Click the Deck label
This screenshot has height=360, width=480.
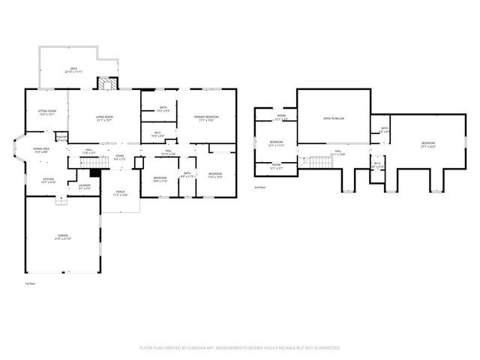tap(73, 70)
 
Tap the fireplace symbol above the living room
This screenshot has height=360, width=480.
tap(109, 83)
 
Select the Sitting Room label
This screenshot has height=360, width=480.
tap(46, 112)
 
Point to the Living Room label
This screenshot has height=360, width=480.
tap(104, 118)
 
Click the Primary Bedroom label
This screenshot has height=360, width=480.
tap(206, 118)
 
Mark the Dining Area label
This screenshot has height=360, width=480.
tap(41, 150)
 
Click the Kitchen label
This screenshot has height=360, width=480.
tap(48, 180)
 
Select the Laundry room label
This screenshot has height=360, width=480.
tap(85, 187)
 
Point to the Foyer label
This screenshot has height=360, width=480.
tap(119, 158)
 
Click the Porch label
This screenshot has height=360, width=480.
tap(120, 193)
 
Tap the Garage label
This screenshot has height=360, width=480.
tap(62, 237)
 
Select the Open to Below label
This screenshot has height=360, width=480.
tap(334, 118)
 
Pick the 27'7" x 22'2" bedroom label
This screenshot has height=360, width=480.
tap(427, 144)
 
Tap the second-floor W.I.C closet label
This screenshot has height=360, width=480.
tap(377, 164)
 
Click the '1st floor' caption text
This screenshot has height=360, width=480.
tap(31, 283)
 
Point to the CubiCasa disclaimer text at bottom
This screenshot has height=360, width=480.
tap(240, 348)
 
